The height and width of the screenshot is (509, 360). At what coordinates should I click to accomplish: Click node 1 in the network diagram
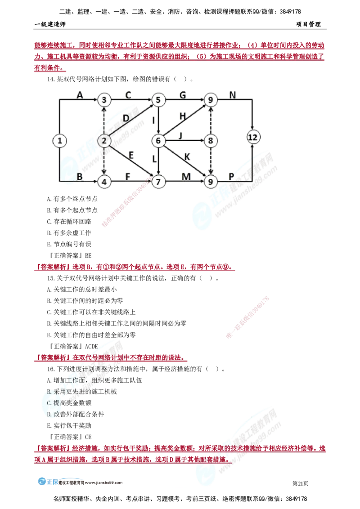59,141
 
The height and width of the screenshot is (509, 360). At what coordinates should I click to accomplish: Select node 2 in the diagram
104,141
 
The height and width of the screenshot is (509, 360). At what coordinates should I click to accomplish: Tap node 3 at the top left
104,99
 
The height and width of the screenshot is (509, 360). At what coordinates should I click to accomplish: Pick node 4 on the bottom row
104,182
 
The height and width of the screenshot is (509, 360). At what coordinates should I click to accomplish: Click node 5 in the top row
158,99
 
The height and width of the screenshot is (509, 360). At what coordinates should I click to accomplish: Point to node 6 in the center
158,141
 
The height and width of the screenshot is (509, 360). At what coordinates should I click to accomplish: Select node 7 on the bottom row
158,182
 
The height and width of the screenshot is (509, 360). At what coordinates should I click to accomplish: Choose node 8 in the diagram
210,141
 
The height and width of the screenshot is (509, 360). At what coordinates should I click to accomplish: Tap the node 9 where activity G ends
210,99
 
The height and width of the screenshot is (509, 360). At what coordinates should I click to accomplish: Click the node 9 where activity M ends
210,182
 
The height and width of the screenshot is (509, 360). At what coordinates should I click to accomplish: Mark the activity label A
80,95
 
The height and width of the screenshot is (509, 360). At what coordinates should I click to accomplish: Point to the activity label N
233,95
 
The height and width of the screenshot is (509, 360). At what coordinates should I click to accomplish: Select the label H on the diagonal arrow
183,116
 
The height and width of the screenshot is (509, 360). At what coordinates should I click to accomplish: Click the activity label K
187,156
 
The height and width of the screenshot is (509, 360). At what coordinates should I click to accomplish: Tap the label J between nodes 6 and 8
180,135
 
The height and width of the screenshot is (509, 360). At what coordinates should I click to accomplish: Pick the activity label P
232,177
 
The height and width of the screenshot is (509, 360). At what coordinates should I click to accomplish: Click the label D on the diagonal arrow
126,118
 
